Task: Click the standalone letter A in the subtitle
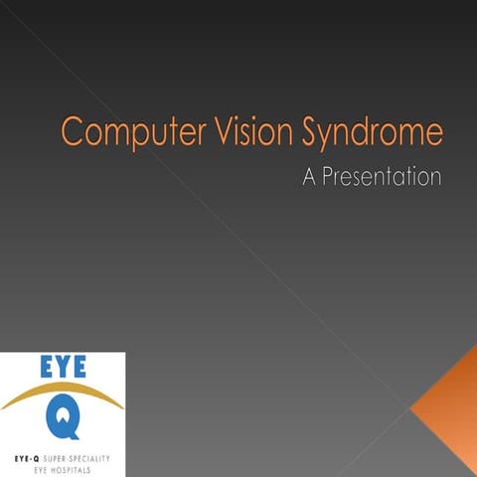(x=310, y=178)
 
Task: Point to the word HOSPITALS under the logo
(x=75, y=465)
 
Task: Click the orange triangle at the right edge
(x=452, y=408)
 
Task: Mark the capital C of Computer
(x=73, y=131)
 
